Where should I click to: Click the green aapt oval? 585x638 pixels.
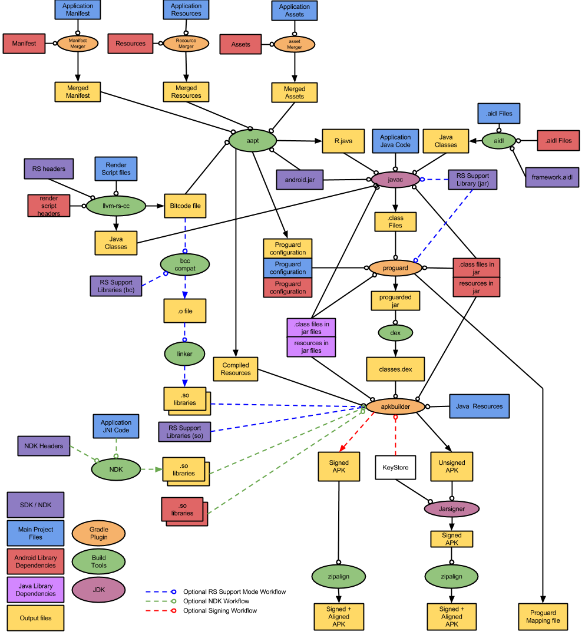(x=252, y=140)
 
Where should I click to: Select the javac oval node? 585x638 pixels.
(x=395, y=179)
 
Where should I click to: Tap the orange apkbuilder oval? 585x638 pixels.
(x=395, y=406)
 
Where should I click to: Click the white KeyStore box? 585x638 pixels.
(x=396, y=467)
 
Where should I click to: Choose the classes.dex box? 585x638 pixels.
(x=395, y=369)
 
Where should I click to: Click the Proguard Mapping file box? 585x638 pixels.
(x=543, y=617)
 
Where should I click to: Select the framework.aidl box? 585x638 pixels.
(x=551, y=176)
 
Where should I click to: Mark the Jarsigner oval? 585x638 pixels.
(x=452, y=508)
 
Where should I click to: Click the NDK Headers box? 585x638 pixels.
(x=44, y=446)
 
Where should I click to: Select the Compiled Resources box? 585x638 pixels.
(x=236, y=369)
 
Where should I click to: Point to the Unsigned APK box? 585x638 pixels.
(x=452, y=467)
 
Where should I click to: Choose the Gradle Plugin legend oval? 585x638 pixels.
(x=99, y=533)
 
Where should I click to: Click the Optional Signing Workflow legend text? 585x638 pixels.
(x=220, y=610)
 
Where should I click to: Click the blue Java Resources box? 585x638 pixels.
(x=479, y=406)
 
